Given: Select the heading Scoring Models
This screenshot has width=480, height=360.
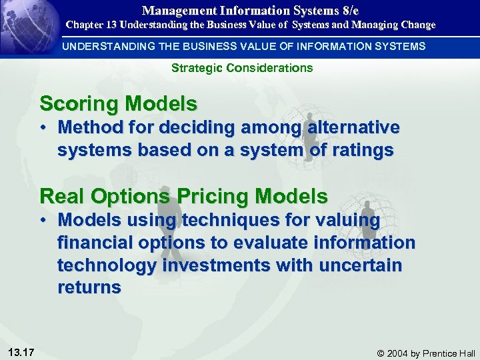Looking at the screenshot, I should click(x=119, y=104).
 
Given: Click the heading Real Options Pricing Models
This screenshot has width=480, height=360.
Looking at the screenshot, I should click(x=184, y=197).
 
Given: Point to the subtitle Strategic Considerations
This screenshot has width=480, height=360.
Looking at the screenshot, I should click(x=242, y=68).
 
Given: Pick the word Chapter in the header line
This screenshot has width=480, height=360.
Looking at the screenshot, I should click(x=83, y=25).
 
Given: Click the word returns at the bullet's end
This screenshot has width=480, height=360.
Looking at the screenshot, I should click(x=89, y=287).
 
